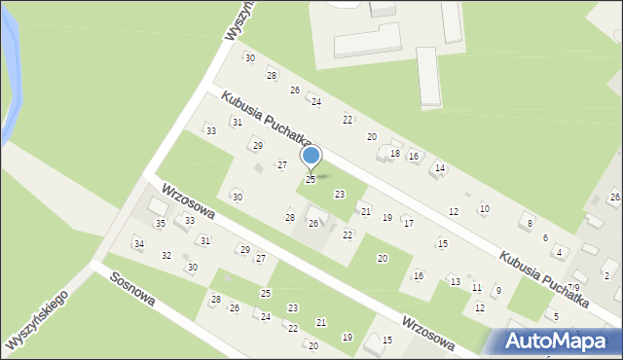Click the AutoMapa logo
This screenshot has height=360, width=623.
[x=556, y=341]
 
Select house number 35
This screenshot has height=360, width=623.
[x=161, y=224]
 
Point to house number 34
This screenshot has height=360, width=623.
[x=139, y=243]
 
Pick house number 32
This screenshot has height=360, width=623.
[x=166, y=256]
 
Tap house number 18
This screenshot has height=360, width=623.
[x=395, y=154]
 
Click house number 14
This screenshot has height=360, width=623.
[x=440, y=168]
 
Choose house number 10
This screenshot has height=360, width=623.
[x=485, y=209]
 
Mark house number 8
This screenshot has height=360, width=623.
[x=530, y=224]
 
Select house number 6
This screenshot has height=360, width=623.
[x=545, y=238]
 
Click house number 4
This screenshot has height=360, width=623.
[x=559, y=253]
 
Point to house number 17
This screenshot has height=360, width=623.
[x=409, y=224]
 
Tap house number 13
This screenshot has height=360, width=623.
[x=455, y=281]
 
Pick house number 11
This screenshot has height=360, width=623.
[x=476, y=288]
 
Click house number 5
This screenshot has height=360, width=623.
[x=555, y=316]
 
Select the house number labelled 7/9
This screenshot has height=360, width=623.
[x=574, y=288]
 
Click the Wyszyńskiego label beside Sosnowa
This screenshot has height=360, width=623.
[x=37, y=320]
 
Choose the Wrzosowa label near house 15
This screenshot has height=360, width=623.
[x=427, y=331]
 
